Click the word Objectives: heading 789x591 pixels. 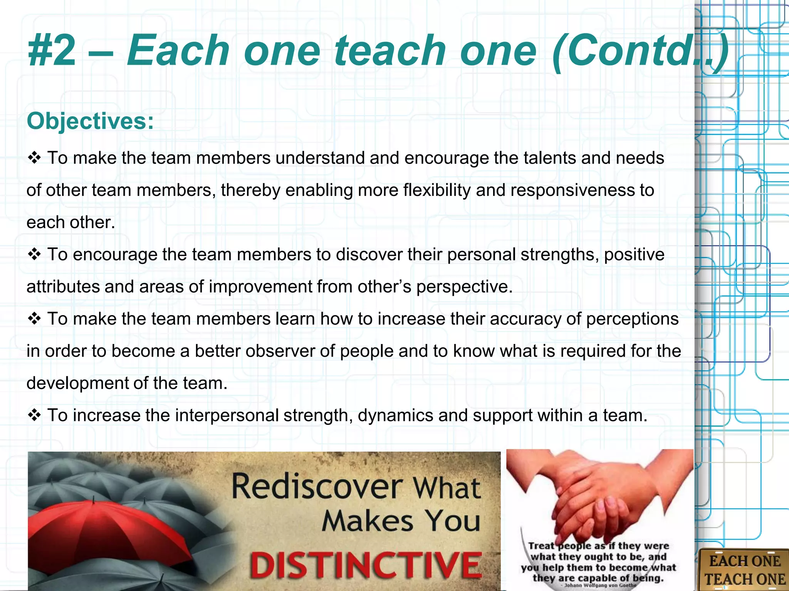tap(90, 121)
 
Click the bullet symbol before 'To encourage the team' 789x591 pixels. tap(34, 255)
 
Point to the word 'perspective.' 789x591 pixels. tap(465, 287)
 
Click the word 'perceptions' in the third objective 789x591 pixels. tap(632, 319)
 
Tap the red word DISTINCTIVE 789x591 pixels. tap(366, 565)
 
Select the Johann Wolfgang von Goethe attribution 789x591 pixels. tap(600, 585)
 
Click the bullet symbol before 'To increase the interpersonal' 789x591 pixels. tap(34, 416)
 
